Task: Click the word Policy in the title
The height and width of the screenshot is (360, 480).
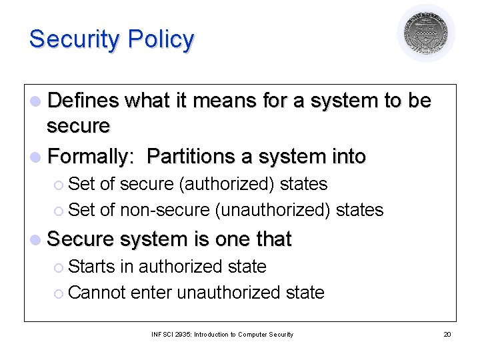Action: coord(161,40)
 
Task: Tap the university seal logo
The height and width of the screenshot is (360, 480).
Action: coord(426,33)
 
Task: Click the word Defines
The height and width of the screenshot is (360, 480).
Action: coord(83,101)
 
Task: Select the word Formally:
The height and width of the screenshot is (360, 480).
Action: coord(93,157)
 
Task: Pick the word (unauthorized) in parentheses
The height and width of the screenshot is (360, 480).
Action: coord(273,210)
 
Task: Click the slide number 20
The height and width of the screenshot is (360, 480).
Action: coord(447,334)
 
